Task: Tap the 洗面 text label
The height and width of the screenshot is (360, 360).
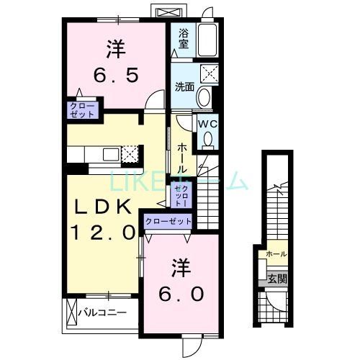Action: coord(184,88)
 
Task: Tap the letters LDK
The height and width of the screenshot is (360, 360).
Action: coord(105,207)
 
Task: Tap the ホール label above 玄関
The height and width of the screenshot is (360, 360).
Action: coord(276,254)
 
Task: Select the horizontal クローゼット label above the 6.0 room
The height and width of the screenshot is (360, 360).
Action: coord(168,221)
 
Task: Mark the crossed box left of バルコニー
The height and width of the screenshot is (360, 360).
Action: coord(71,313)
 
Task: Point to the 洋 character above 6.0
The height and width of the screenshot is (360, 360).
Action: coord(180,269)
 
